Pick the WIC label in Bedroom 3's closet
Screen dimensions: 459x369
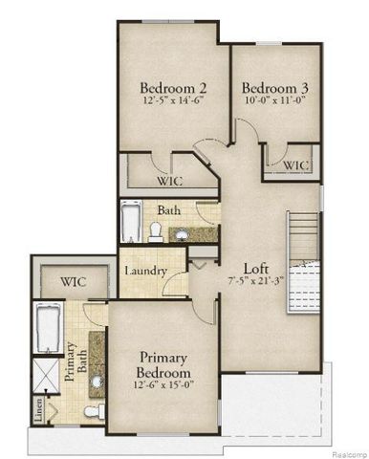click(294, 164)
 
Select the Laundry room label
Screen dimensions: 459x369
click(147, 271)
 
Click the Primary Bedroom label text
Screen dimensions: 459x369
click(163, 363)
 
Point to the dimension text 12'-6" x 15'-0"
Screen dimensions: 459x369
click(163, 386)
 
